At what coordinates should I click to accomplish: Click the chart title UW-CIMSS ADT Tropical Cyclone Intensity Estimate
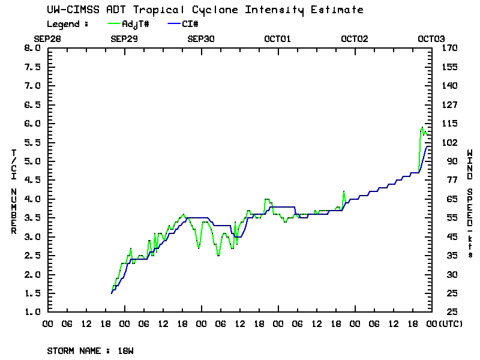(205, 10)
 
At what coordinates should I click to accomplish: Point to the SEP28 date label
(48, 38)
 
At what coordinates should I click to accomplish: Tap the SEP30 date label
(201, 38)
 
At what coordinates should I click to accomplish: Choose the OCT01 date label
(278, 38)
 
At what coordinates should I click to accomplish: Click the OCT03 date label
(431, 38)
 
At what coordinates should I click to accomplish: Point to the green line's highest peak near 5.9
(422, 127)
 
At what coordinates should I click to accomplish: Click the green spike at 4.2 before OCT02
(344, 191)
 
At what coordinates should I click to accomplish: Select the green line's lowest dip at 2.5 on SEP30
(218, 255)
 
